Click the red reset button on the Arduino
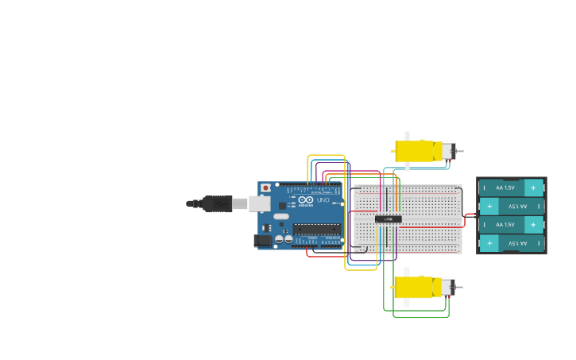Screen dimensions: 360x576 [265, 188]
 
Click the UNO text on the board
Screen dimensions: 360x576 [322, 200]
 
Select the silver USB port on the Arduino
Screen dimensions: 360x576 [260, 204]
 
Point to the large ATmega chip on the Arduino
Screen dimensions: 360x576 [316, 229]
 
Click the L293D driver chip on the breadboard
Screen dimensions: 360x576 [389, 219]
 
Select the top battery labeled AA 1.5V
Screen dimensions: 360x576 [511, 188]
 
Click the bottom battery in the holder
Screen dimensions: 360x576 [511, 243]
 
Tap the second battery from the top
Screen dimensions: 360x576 [511, 206]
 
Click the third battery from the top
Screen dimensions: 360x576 [511, 225]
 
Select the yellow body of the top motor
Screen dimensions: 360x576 [414, 151]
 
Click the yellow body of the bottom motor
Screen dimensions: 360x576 [413, 287]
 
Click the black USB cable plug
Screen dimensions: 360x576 [216, 204]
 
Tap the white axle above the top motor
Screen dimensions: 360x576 [407, 136]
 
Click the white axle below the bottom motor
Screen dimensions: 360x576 [407, 304]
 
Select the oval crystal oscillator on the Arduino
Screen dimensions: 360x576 [281, 216]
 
